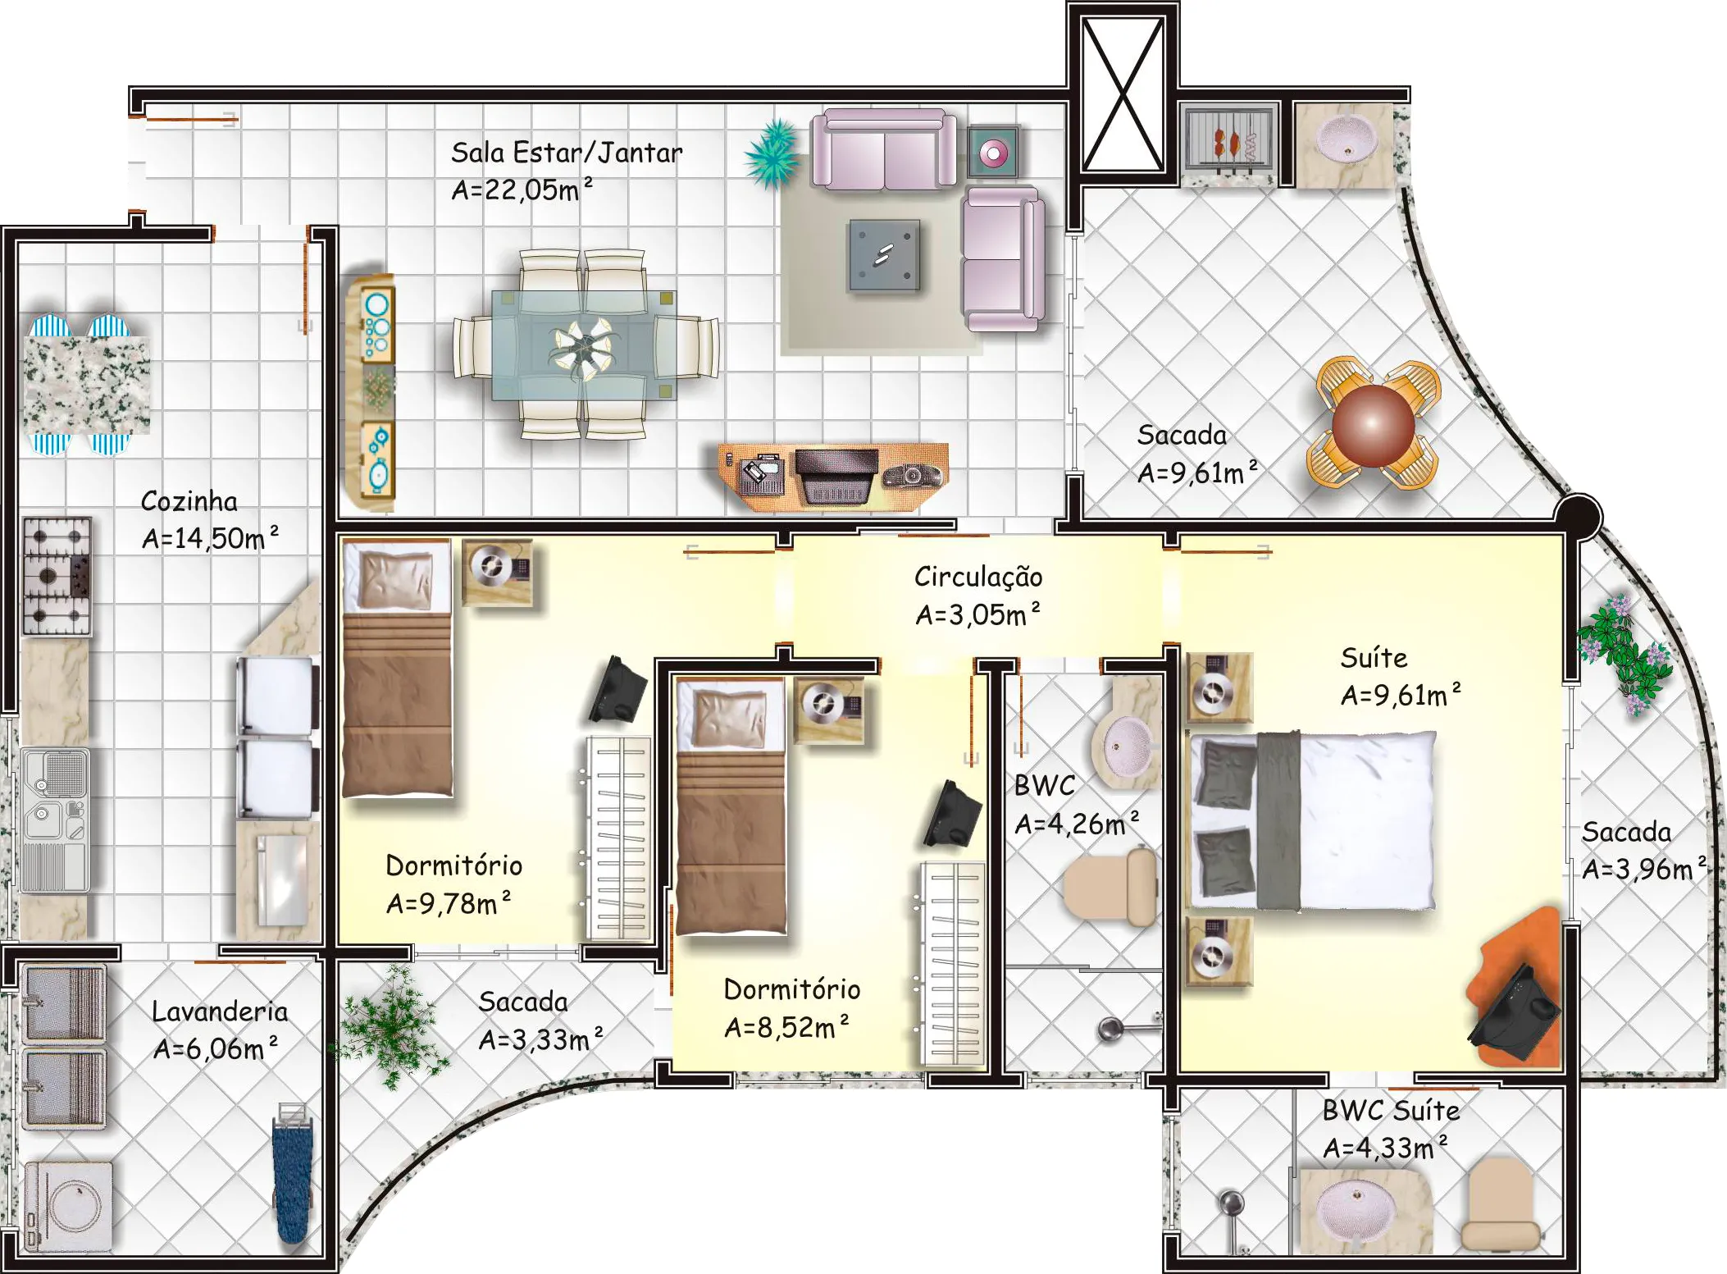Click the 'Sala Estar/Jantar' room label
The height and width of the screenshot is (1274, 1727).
pyautogui.click(x=567, y=153)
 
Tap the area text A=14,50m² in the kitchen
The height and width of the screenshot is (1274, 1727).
pyautogui.click(x=210, y=538)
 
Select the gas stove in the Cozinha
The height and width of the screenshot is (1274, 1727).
pyautogui.click(x=57, y=576)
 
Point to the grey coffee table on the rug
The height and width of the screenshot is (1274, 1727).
pyautogui.click(x=883, y=255)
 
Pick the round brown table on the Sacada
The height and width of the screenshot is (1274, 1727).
pyautogui.click(x=1374, y=424)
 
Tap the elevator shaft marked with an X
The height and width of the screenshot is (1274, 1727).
pyautogui.click(x=1123, y=94)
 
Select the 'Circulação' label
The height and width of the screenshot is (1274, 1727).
pyautogui.click(x=978, y=577)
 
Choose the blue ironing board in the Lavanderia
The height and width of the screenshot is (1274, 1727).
pyautogui.click(x=293, y=1174)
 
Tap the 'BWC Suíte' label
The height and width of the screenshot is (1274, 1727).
pyautogui.click(x=1391, y=1111)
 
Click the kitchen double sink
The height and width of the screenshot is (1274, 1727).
pyautogui.click(x=55, y=820)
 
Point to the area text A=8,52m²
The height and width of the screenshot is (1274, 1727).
pyautogui.click(x=786, y=1027)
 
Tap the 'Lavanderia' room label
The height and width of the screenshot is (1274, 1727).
pyautogui.click(x=220, y=1011)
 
